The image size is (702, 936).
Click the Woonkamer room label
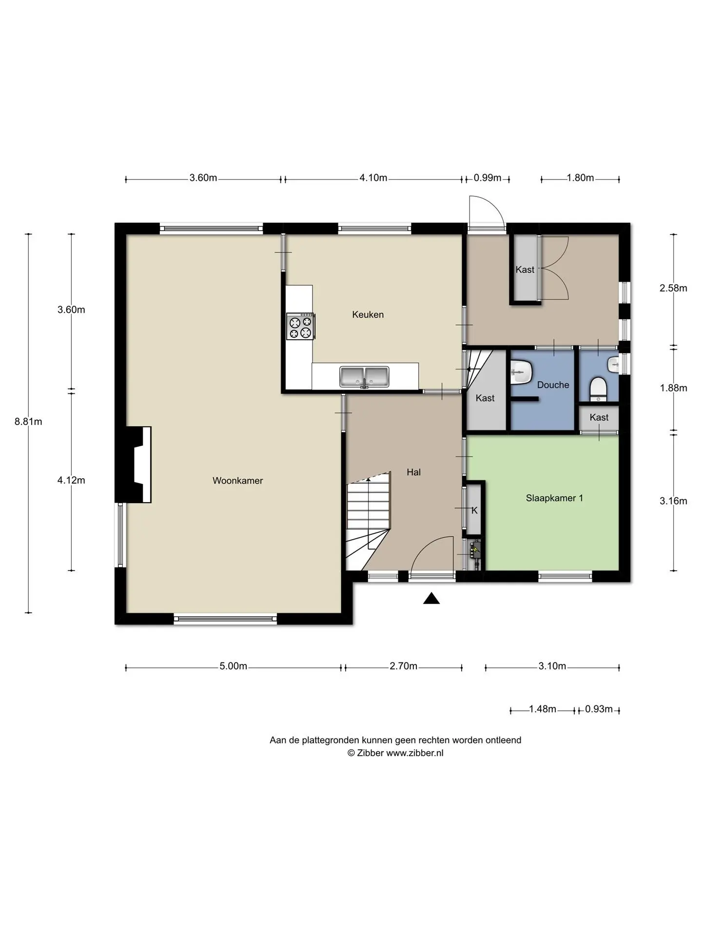237,481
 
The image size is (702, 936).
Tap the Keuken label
368,315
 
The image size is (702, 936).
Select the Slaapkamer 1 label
554,498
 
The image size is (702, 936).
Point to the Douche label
553,385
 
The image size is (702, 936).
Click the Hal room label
413,472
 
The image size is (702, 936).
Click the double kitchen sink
365,377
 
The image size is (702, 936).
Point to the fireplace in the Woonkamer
139,465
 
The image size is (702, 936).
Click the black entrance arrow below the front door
431,598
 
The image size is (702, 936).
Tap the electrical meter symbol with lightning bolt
474,551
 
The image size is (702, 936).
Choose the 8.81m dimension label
28,422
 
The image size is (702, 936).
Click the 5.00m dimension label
233,666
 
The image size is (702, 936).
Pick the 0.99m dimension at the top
487,178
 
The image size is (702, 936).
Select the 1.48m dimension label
543,709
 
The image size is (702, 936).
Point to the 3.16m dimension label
673,501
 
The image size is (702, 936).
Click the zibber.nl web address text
415,753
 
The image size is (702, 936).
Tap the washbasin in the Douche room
520,372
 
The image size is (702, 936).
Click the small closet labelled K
474,510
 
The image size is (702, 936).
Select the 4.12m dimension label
71,481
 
